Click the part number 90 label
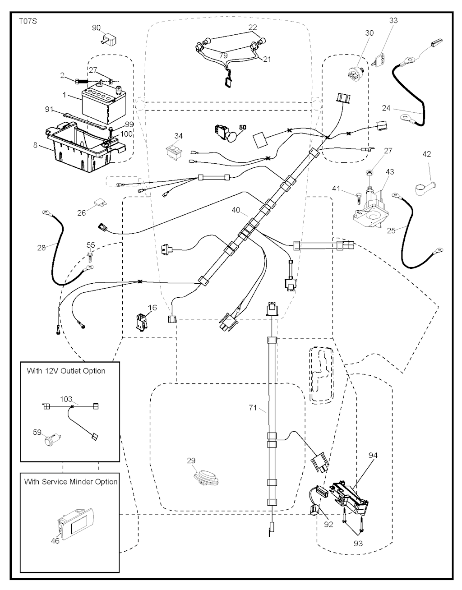click(96, 28)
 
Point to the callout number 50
click(243, 127)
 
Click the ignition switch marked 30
click(356, 72)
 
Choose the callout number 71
click(253, 408)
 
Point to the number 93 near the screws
click(358, 544)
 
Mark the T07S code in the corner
click(28, 21)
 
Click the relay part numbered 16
click(141, 322)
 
